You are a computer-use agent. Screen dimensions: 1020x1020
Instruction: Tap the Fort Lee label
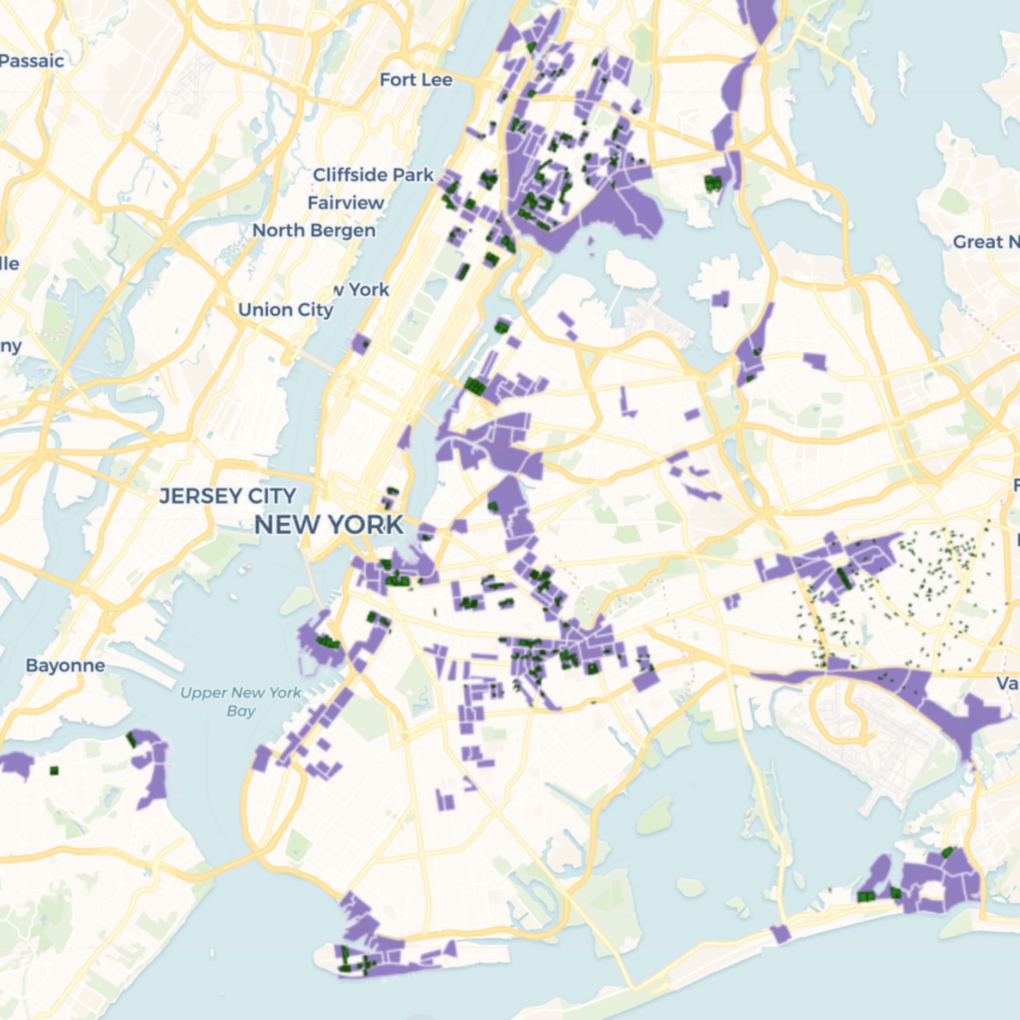(416, 80)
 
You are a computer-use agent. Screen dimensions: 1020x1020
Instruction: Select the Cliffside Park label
(373, 175)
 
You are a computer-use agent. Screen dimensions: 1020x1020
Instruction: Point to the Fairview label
(346, 203)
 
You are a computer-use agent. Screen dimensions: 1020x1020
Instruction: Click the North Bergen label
(314, 231)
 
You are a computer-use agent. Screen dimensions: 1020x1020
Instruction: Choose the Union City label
(286, 310)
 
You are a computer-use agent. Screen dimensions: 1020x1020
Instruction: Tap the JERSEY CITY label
(228, 496)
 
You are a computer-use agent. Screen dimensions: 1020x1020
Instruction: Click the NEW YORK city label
(328, 525)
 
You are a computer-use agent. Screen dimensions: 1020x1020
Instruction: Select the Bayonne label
(65, 665)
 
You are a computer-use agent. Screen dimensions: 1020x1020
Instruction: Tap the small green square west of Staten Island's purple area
(53, 771)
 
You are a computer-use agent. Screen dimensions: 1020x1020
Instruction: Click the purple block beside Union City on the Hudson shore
(361, 344)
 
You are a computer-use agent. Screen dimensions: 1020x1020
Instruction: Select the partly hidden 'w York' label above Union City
(362, 290)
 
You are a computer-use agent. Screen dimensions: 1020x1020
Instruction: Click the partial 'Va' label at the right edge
(1007, 684)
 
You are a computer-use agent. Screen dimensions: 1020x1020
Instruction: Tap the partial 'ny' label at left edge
(11, 346)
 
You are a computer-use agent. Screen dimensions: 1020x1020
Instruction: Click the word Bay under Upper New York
(241, 711)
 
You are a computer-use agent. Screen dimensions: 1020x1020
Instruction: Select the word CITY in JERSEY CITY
(271, 496)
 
